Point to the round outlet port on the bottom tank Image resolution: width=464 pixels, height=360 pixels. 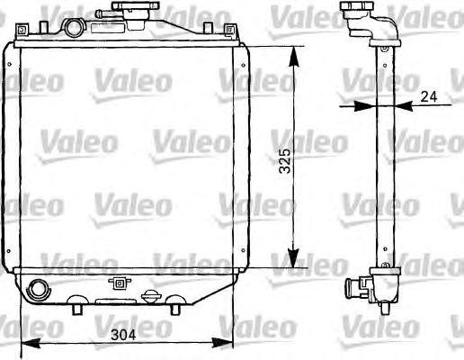click(40, 290)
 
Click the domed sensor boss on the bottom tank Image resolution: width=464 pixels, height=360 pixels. click(152, 295)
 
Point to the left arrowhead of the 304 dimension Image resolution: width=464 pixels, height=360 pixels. click(27, 343)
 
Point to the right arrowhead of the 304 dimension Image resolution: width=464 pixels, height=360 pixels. click(228, 343)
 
